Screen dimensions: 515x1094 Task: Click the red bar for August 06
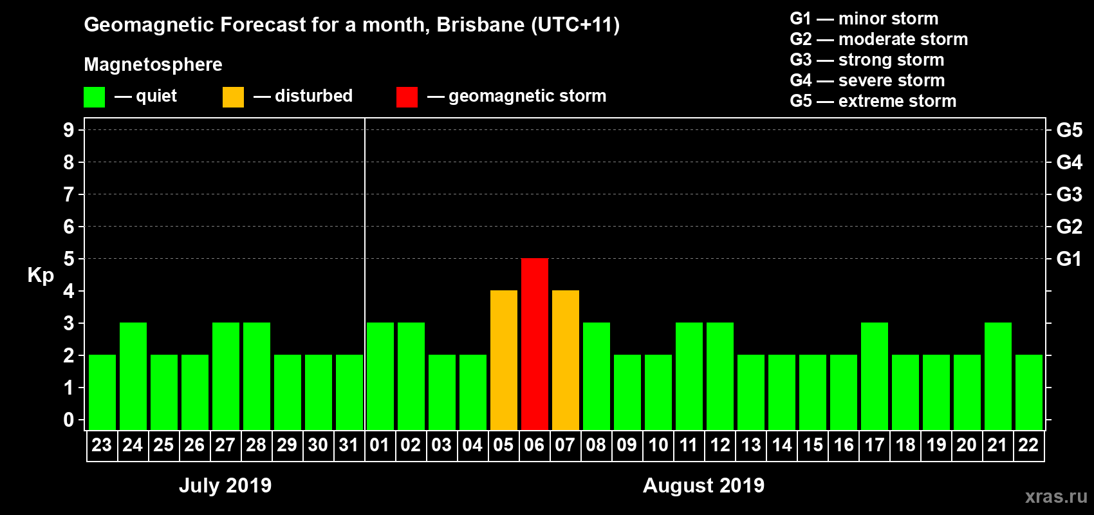pyautogui.click(x=534, y=344)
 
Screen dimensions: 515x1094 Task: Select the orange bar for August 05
pyautogui.click(x=503, y=360)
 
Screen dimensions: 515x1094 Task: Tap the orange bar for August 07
pyautogui.click(x=565, y=360)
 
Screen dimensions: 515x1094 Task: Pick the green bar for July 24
pyautogui.click(x=133, y=376)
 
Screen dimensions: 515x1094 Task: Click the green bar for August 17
pyautogui.click(x=874, y=376)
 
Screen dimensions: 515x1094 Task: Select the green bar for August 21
pyautogui.click(x=997, y=376)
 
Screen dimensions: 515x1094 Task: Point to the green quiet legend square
pyautogui.click(x=94, y=97)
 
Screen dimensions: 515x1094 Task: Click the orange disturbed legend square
pyautogui.click(x=233, y=97)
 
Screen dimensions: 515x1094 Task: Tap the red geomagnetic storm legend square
pyautogui.click(x=407, y=97)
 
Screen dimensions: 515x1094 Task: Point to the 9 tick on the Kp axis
pyautogui.click(x=69, y=130)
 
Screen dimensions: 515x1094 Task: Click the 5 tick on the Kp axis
pyautogui.click(x=69, y=259)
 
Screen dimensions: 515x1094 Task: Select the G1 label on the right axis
pyautogui.click(x=1069, y=259)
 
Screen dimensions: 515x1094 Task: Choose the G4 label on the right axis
pyautogui.click(x=1069, y=162)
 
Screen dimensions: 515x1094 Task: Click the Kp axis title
pyautogui.click(x=41, y=276)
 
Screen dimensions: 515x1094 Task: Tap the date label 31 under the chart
pyautogui.click(x=348, y=445)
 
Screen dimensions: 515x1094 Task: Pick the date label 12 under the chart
pyautogui.click(x=719, y=445)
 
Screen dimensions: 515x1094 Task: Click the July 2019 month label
pyautogui.click(x=225, y=485)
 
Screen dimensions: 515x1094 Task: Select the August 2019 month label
pyautogui.click(x=703, y=485)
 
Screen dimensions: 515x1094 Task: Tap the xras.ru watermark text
pyautogui.click(x=1056, y=496)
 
